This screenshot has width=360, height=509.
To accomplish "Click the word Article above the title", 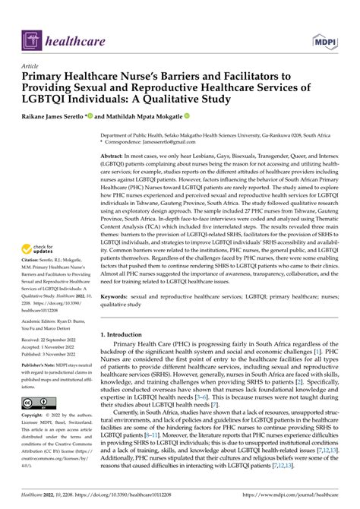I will [33, 66].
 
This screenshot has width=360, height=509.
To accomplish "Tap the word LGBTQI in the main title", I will [49, 99].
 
